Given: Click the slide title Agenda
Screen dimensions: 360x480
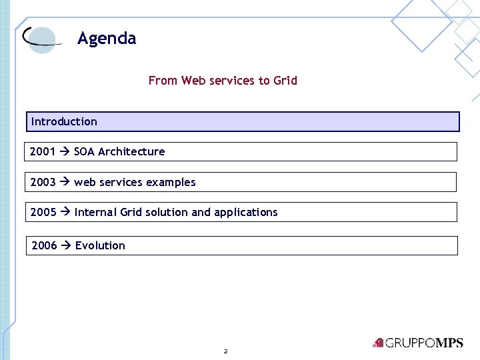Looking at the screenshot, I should pyautogui.click(x=107, y=39).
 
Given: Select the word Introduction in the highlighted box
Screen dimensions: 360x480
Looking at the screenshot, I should pyautogui.click(x=64, y=121).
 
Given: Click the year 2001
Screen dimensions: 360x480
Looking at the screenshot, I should pyautogui.click(x=43, y=151).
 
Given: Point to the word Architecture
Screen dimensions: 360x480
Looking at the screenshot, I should pyautogui.click(x=131, y=151).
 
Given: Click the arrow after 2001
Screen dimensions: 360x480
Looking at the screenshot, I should pyautogui.click(x=65, y=151).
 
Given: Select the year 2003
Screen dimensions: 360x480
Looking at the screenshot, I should pyautogui.click(x=43, y=182).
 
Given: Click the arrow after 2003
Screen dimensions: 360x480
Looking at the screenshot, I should pyautogui.click(x=65, y=182).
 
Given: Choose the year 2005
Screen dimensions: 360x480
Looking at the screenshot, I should pyautogui.click(x=43, y=212).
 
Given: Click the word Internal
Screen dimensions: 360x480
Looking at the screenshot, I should pyautogui.click(x=96, y=212).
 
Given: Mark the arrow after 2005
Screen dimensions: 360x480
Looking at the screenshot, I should pyautogui.click(x=65, y=212).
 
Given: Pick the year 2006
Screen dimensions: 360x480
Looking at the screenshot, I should pyautogui.click(x=44, y=245).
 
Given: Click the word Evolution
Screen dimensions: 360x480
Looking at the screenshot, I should pyautogui.click(x=100, y=245).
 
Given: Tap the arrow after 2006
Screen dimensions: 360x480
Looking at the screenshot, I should pyautogui.click(x=66, y=245).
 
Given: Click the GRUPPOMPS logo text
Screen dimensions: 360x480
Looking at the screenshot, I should pyautogui.click(x=423, y=343).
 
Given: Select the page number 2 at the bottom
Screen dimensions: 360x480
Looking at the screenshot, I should pyautogui.click(x=226, y=351).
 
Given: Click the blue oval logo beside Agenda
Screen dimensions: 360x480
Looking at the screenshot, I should pyautogui.click(x=41, y=39).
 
